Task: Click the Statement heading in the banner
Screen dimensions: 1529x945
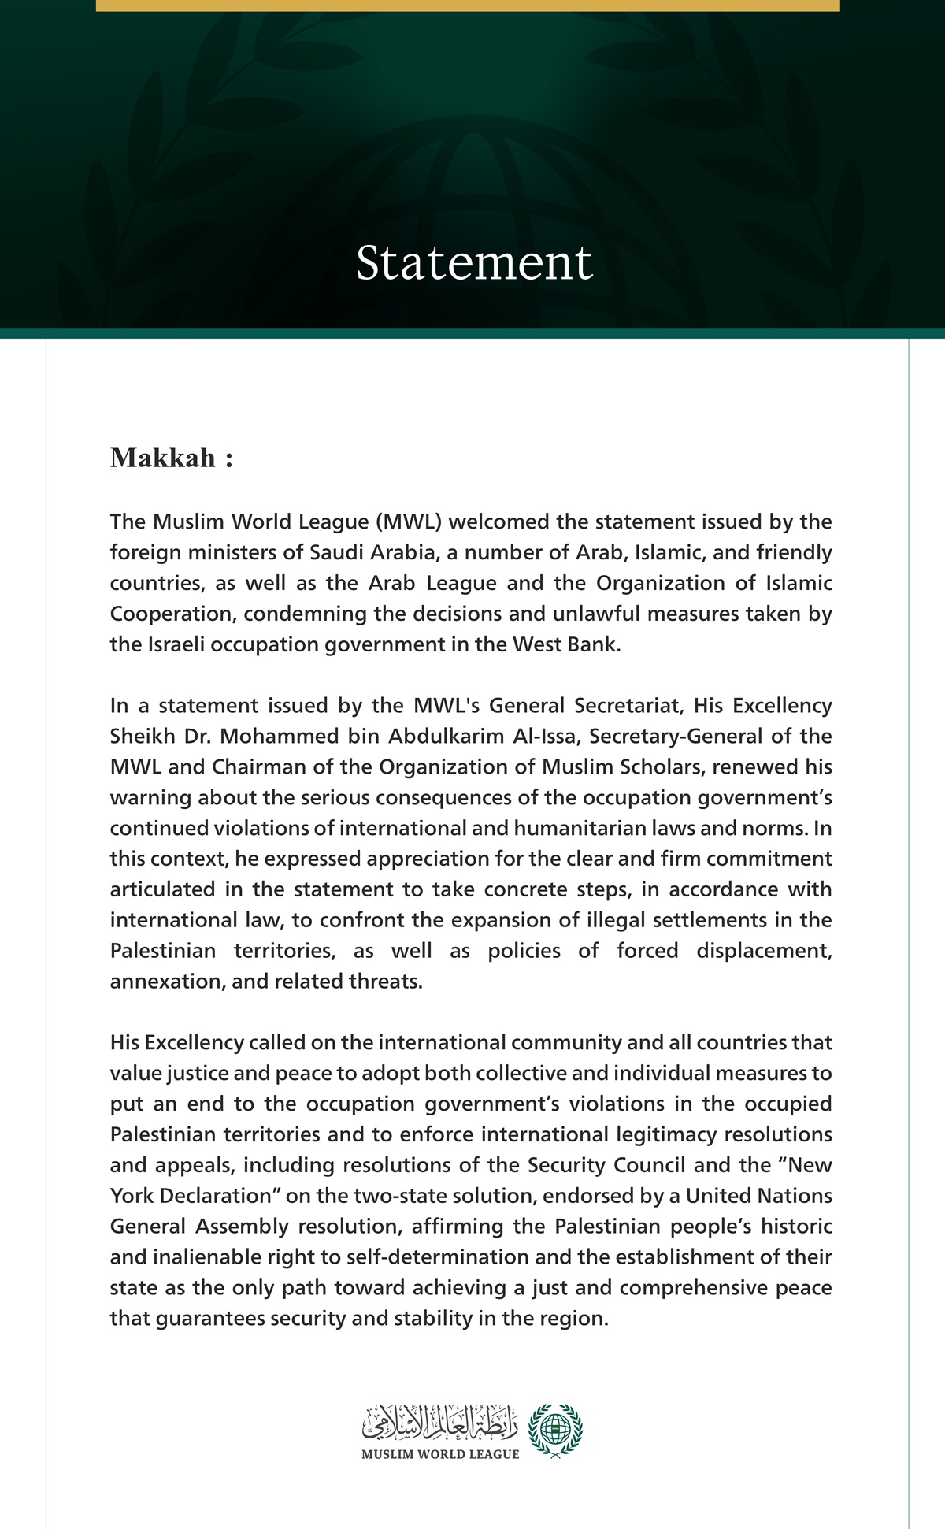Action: point(473,262)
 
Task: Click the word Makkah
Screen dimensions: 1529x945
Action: point(163,458)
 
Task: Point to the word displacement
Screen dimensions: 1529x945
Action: point(763,951)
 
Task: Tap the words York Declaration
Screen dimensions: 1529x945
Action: point(196,1196)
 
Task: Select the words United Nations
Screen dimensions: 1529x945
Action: point(758,1196)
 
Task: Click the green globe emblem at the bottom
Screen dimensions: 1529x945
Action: point(556,1430)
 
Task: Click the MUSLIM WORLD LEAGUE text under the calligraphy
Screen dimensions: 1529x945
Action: point(440,1454)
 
